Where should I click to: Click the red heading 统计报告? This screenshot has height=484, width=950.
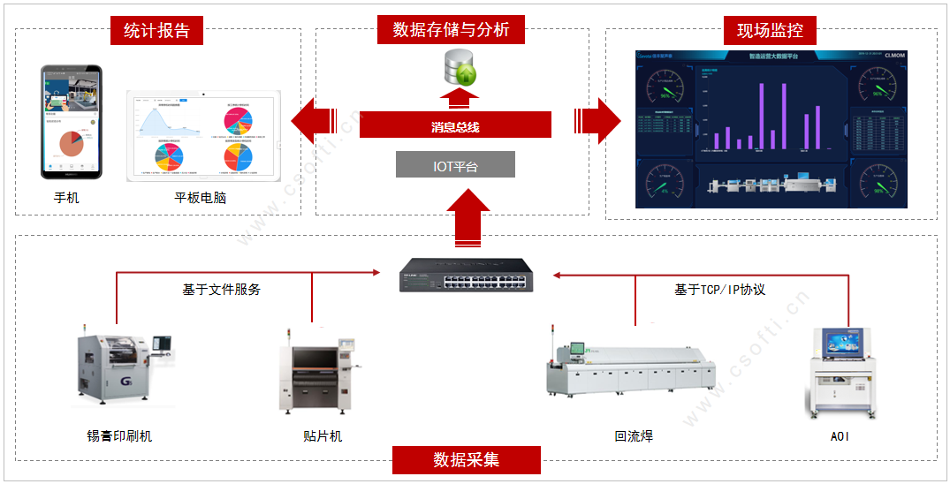click(x=156, y=31)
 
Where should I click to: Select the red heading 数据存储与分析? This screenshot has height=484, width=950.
click(x=451, y=30)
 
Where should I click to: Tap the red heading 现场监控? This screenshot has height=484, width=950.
click(x=770, y=31)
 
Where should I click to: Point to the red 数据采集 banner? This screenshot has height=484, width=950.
click(x=466, y=460)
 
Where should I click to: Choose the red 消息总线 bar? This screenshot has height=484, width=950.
click(x=455, y=125)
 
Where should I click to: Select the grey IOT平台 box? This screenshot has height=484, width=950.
click(x=455, y=165)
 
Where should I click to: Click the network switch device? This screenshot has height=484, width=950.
click(x=464, y=276)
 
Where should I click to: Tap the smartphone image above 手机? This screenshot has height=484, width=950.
click(x=72, y=122)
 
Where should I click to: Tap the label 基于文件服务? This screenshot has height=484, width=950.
click(x=221, y=289)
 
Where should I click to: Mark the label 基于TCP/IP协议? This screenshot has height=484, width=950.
click(x=719, y=289)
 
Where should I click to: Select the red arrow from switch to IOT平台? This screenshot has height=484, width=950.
click(x=468, y=221)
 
